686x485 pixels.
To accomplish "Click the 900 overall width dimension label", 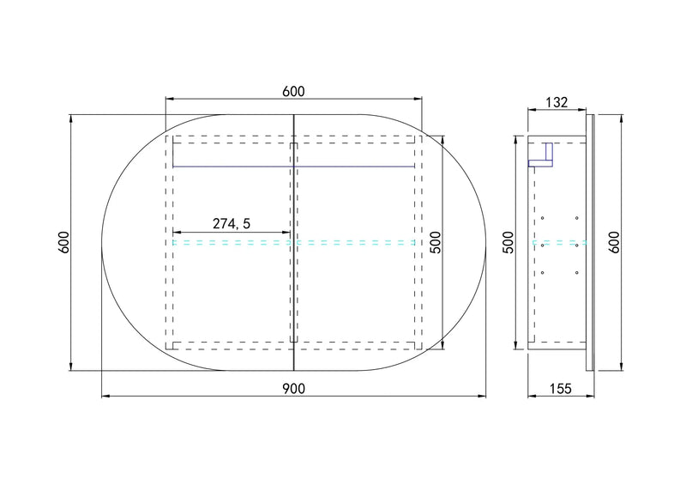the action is (x=293, y=389).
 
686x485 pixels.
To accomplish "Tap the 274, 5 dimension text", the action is (x=232, y=224).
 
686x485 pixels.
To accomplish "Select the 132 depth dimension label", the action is (x=557, y=102).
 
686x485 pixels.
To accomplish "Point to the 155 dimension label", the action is (x=561, y=388).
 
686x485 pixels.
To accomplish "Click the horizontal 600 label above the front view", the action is (x=293, y=92).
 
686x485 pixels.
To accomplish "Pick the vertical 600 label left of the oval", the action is (x=63, y=242).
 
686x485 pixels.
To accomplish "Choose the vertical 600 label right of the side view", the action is (x=615, y=242).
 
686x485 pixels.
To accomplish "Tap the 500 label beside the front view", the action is (x=436, y=242).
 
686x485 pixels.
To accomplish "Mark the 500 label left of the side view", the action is (x=508, y=242).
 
